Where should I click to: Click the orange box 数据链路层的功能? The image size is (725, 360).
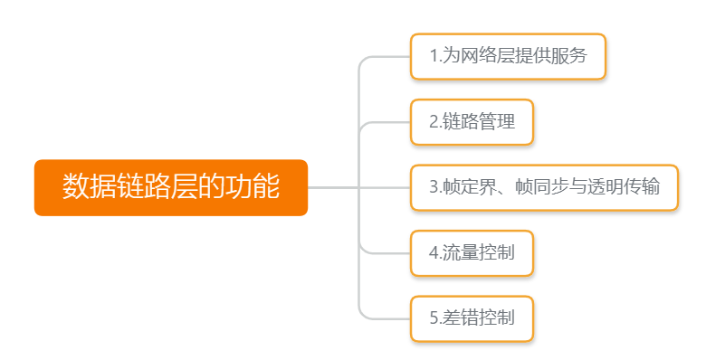coord(171,187)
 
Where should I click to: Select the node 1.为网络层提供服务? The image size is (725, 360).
coord(508,57)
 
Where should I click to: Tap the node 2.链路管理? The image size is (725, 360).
coord(472,122)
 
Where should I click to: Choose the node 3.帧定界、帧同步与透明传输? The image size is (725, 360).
coord(544,187)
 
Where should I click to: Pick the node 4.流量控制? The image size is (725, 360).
coord(472,252)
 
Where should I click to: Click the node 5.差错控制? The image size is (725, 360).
coord(472,318)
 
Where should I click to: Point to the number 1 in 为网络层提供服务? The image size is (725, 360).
coord(434,57)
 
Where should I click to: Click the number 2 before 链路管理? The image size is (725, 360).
coord(434,122)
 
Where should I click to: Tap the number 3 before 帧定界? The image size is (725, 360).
coord(434,187)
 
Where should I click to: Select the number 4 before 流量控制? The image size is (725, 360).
coord(434,252)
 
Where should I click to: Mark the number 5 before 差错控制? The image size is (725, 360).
coord(434,318)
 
